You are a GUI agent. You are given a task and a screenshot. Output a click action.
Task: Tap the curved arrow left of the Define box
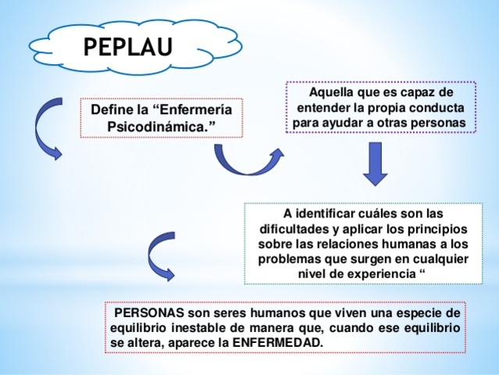point(46,130)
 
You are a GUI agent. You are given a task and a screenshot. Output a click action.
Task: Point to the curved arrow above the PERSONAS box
point(160,257)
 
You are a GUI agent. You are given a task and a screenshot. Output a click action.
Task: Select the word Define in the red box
point(112,110)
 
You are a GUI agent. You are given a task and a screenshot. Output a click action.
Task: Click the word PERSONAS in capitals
point(149,313)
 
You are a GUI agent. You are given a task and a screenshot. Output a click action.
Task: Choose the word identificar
point(328,213)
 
